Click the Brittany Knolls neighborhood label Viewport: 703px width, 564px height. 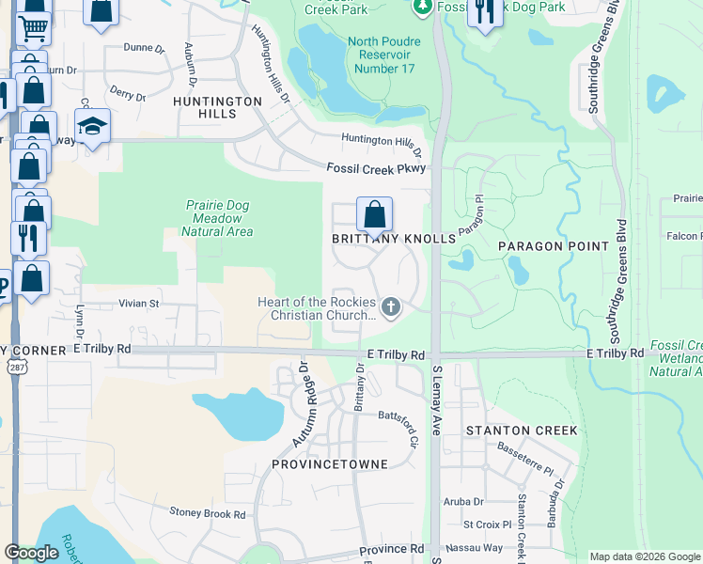click(x=394, y=240)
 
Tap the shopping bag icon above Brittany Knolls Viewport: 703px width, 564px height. click(x=374, y=215)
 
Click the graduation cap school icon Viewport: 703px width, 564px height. click(x=92, y=127)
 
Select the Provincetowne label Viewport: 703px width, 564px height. click(x=324, y=464)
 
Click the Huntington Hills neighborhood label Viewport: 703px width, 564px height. click(x=217, y=107)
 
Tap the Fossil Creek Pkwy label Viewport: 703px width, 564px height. click(x=377, y=168)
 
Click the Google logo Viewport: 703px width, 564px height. click(x=31, y=554)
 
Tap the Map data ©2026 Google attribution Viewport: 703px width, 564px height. click(x=645, y=556)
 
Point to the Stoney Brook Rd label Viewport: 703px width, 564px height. click(x=207, y=513)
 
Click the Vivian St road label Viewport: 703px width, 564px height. click(x=139, y=304)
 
